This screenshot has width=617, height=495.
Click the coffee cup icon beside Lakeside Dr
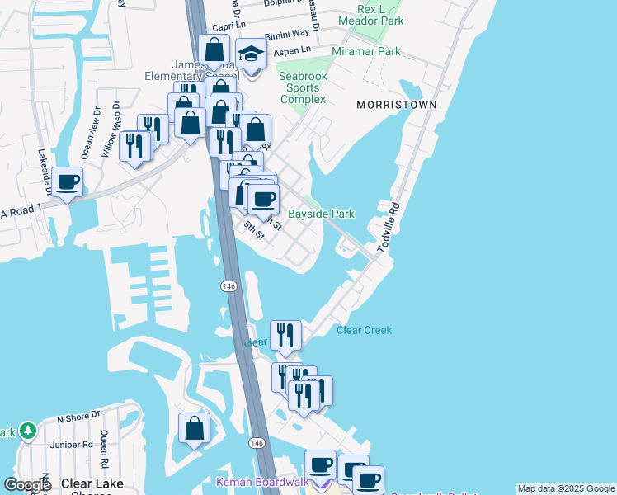coord(67,181)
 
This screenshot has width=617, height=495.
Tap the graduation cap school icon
coord(251,54)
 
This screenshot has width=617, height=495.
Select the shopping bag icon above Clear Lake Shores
coord(194,428)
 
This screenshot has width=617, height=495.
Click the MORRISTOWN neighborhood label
coord(390,105)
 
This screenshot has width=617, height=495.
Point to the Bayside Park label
coord(321,214)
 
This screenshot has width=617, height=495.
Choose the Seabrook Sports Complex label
coord(303,87)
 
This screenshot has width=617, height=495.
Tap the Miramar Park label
coord(365,51)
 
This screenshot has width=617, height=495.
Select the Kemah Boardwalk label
coord(261,482)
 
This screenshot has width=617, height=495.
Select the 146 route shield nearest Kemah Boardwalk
coord(257,443)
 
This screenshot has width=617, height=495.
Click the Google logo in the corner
coord(27,484)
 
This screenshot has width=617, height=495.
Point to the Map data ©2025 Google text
coord(565,488)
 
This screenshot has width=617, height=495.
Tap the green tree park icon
coord(28,431)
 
